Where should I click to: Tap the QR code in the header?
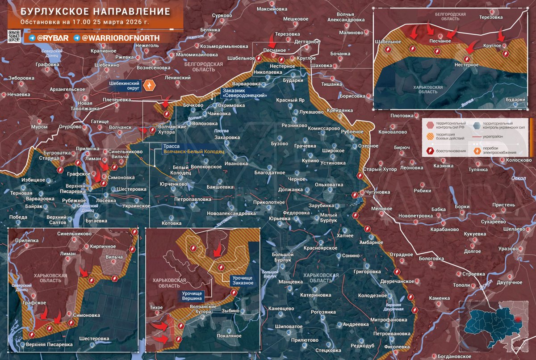pos(14,37)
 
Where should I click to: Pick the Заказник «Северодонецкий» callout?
pos(245,93)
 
